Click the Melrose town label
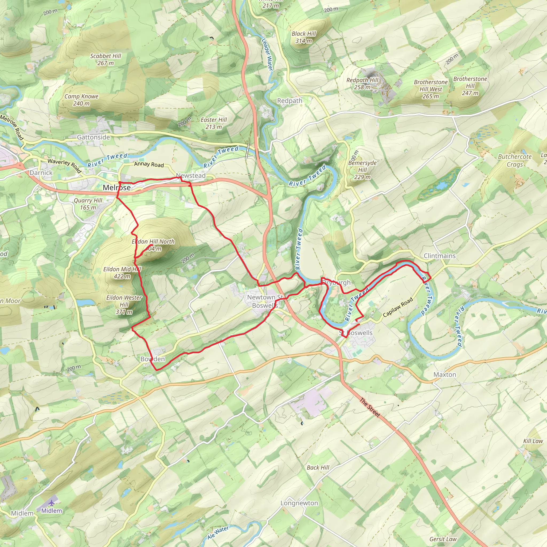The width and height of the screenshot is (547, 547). coord(117,187)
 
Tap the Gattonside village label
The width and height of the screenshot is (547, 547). coord(93,137)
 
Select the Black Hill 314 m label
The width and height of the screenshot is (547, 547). coord(303,37)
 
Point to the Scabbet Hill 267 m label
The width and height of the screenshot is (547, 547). coord(106,60)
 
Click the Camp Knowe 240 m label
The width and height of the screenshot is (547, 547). coord(81,100)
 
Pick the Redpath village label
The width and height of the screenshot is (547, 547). coord(290,101)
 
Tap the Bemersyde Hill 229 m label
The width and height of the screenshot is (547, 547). coord(362,170)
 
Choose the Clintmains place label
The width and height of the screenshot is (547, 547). coord(440,256)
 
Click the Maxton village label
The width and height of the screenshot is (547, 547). coord(445,374)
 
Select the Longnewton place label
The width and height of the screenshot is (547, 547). coord(299,503)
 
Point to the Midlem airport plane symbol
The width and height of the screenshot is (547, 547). coord(51,503)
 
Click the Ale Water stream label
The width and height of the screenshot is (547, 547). coord(218,533)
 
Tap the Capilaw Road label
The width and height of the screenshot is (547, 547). coord(398,307)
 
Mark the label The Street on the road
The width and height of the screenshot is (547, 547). coord(370,407)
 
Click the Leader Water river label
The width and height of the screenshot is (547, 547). coord(267,54)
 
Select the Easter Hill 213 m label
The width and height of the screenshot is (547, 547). coord(214,123)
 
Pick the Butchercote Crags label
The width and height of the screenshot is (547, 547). coord(515,161)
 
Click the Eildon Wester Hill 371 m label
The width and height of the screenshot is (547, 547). coord(124,305)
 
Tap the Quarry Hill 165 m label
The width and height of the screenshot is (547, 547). coord(88,204)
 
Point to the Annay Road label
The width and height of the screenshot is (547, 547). coord(149,164)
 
